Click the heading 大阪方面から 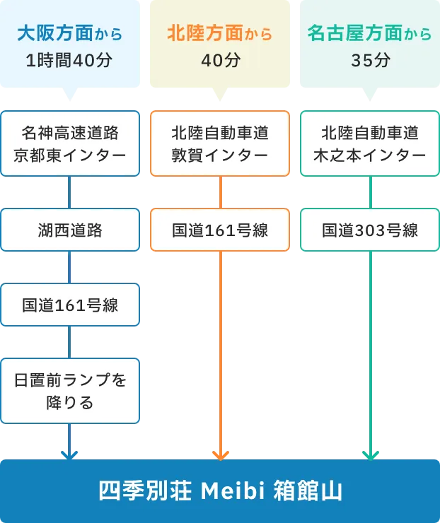point(69,33)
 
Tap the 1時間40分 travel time point(69,60)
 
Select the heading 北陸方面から point(220,33)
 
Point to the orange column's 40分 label point(220,60)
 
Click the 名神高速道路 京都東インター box point(69,143)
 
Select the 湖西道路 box point(69,230)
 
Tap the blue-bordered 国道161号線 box point(69,305)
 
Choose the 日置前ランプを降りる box point(69,391)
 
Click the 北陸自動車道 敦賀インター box point(220,143)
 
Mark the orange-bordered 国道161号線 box point(220,230)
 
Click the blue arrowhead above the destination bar point(69,454)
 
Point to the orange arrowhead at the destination point(220,454)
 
